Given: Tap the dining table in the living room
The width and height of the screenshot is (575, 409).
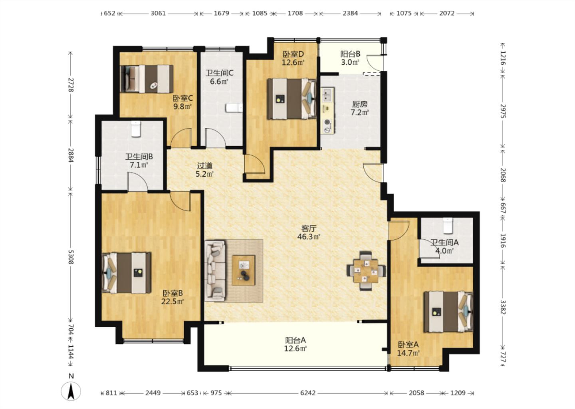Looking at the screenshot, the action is point(366,271).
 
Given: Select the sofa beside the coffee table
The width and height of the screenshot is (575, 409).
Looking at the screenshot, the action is point(215,271).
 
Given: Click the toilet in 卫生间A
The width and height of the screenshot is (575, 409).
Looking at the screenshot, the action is point(448,226).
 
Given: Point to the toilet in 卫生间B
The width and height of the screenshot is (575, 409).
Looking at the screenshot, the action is point(136,129).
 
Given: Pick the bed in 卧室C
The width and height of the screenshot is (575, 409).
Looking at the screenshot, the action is point(147,79).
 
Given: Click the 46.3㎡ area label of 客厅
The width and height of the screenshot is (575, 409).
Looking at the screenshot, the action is point(309,237).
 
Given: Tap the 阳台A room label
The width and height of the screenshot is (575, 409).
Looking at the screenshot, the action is point(295,340).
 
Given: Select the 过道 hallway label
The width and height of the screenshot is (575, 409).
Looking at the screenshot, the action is point(204,166).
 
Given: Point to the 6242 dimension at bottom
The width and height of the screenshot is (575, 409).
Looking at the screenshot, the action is point(308,393).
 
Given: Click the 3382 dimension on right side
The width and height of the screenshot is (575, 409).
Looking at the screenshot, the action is point(503,307).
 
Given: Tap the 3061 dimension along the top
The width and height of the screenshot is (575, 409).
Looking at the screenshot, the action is point(158,13).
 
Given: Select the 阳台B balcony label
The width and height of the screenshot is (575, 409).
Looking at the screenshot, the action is point(350,54).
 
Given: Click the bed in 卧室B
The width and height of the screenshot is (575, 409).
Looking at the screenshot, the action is point(126,273).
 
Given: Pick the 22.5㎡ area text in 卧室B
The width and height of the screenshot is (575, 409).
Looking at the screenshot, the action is point(172,301).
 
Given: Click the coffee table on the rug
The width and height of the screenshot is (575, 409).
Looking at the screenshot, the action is point(243,270).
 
